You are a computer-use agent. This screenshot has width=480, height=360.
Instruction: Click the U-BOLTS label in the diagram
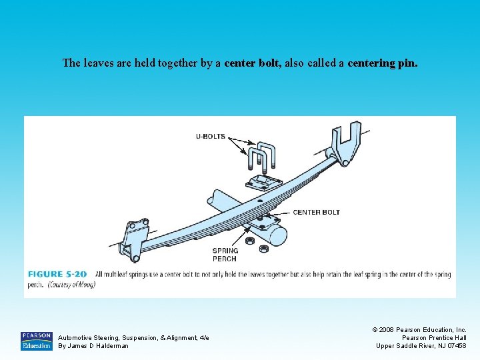(210, 137)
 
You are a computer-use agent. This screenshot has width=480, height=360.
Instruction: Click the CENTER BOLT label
(316, 212)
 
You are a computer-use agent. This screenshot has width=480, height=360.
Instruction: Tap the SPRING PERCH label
(225, 255)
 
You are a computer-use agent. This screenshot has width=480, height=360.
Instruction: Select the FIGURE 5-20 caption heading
(58, 274)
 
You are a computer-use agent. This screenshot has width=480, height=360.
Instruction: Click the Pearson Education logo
(36, 341)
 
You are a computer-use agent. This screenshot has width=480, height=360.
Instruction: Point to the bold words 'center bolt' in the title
(253, 63)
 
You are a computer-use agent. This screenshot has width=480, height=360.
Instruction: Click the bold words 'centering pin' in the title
(383, 63)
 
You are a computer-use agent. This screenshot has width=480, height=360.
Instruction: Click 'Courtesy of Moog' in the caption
(71, 285)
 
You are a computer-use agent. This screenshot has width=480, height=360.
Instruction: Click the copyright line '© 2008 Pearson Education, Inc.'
(419, 329)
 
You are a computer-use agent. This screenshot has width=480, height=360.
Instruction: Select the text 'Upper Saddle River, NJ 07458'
(421, 345)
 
